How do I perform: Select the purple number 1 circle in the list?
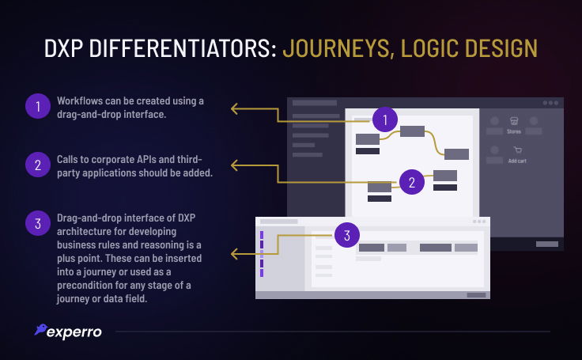pyautogui.click(x=36, y=106)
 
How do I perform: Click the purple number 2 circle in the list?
pyautogui.click(x=36, y=165)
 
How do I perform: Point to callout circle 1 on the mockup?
pyautogui.click(x=384, y=120)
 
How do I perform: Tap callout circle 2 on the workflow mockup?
pyautogui.click(x=411, y=182)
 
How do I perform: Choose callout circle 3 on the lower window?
pyautogui.click(x=347, y=234)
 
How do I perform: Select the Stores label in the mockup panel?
pyautogui.click(x=514, y=131)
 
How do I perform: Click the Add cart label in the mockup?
pyautogui.click(x=517, y=161)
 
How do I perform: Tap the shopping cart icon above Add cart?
pyautogui.click(x=517, y=150)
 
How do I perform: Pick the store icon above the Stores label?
pyautogui.click(x=514, y=121)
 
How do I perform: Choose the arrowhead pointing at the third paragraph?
pyautogui.click(x=233, y=254)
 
